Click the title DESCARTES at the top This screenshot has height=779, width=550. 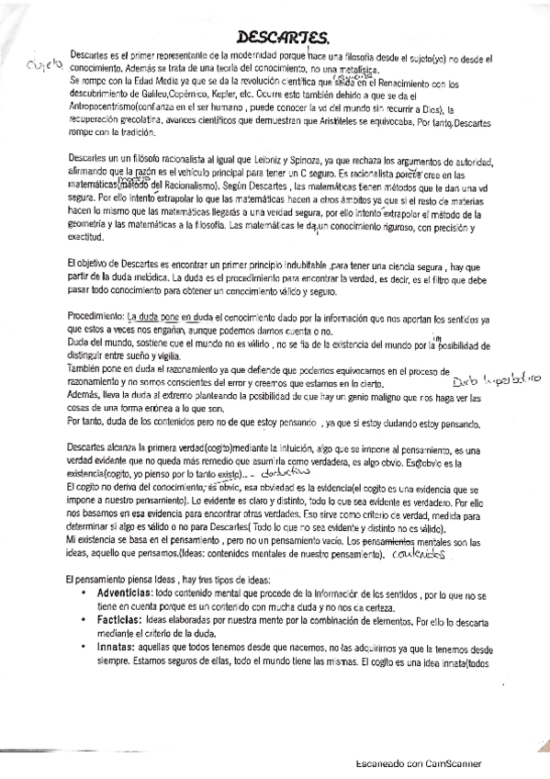(282, 38)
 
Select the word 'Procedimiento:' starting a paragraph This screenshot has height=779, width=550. (96, 316)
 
